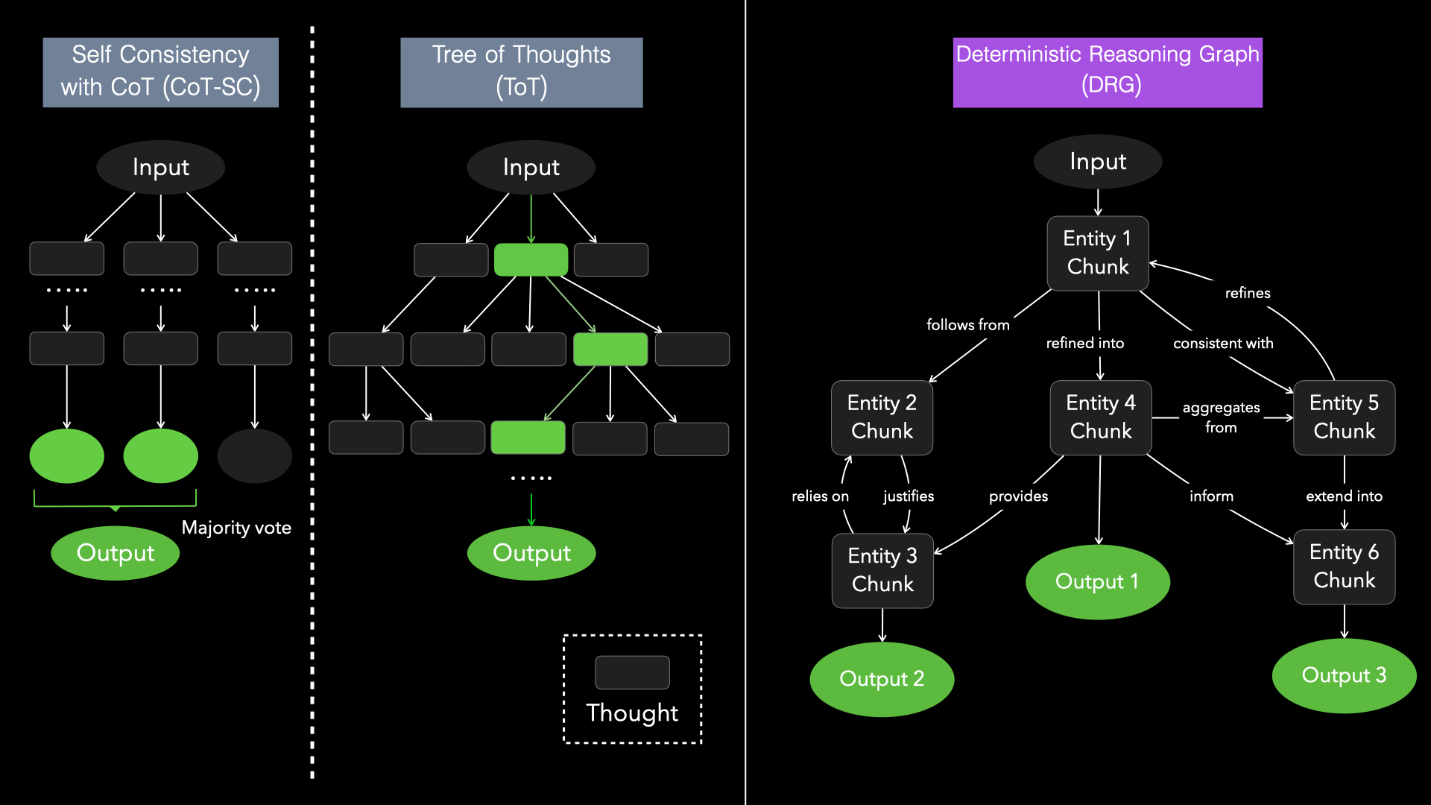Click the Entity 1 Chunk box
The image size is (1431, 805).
coord(1097,253)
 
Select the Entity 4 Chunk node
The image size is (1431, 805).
coord(1100,417)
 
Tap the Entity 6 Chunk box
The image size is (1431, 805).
coord(1344,566)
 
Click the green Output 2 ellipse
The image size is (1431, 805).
coord(882,679)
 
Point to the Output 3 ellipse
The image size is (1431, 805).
coord(1344,675)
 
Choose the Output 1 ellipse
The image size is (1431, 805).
coord(1097,581)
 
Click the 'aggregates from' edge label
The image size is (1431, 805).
coord(1221,417)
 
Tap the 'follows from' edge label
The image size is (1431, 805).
coord(967,325)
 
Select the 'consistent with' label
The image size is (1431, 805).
coord(1223,344)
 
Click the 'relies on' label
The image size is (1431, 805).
coord(820,496)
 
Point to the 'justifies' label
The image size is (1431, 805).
coord(908,496)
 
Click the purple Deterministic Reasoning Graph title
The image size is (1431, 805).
coord(1108,72)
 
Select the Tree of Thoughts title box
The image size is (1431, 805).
coord(521,72)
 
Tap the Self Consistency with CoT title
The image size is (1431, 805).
coord(160,72)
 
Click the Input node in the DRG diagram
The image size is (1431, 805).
coord(1097,162)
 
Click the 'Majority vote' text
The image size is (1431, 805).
coord(236,528)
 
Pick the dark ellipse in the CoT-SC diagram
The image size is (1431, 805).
coord(254,455)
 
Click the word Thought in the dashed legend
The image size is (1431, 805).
coord(632,713)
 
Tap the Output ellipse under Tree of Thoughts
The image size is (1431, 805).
coord(531,553)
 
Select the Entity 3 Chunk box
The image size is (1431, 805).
coord(882,570)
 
